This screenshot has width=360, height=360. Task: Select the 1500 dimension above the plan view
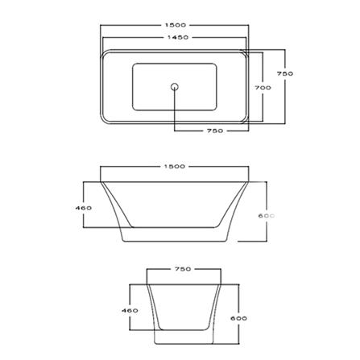click(x=175, y=25)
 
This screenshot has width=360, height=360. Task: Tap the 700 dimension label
click(x=263, y=88)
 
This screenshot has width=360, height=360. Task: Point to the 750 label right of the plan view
click(x=284, y=73)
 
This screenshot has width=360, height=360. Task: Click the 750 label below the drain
click(x=214, y=130)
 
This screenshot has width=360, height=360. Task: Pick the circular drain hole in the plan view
click(x=174, y=85)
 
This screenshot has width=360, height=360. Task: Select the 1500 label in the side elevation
click(x=175, y=167)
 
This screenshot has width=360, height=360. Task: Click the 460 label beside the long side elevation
click(x=82, y=208)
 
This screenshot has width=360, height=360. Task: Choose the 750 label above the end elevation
click(x=182, y=269)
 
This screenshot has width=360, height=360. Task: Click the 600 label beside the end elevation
click(x=238, y=318)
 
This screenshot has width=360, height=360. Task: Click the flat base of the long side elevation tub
click(x=175, y=242)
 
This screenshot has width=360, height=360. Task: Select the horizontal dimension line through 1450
click(x=129, y=37)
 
